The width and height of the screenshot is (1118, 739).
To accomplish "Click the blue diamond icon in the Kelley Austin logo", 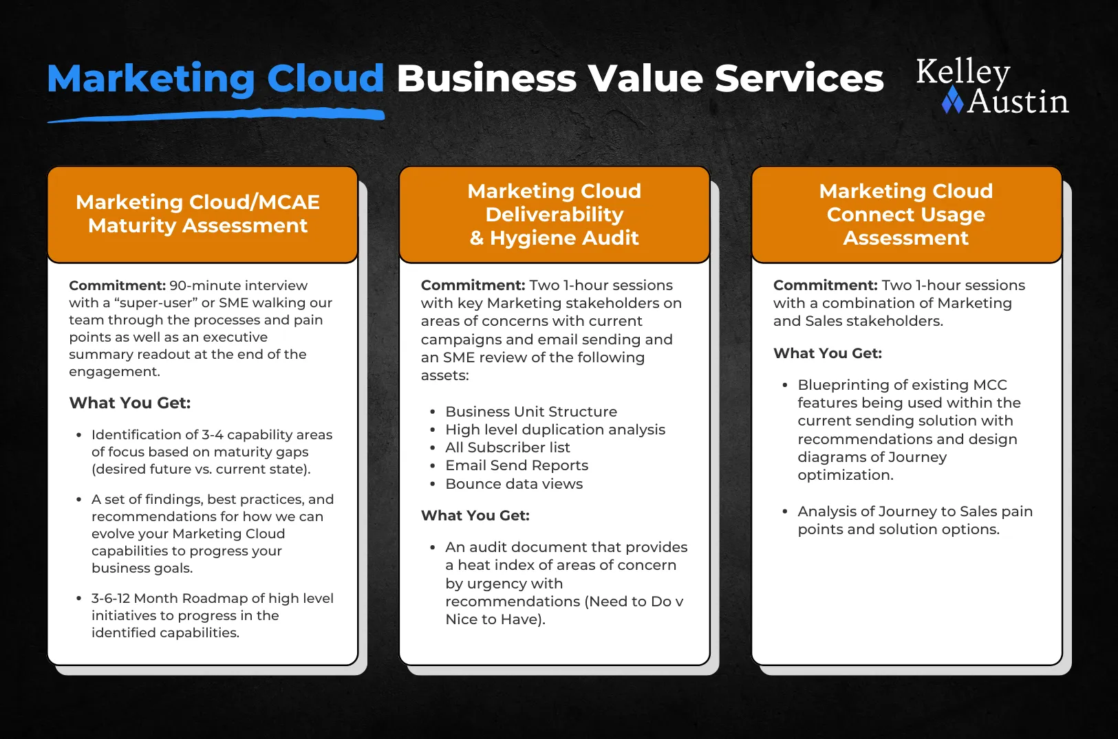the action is click(952, 100).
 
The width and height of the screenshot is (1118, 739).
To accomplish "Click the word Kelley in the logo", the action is click(963, 72).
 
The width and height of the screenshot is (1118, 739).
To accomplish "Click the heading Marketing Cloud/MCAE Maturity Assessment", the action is click(198, 214).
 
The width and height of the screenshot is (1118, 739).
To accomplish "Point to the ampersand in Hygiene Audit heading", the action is click(477, 238).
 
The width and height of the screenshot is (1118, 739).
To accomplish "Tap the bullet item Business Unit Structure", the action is click(531, 412).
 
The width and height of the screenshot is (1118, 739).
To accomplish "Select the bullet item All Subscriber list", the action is click(508, 448).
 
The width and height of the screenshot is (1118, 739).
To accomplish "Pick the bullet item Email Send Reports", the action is click(517, 465).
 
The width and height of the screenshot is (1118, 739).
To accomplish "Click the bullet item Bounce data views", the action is click(514, 484).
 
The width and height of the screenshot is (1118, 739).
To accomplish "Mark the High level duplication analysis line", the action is click(555, 430).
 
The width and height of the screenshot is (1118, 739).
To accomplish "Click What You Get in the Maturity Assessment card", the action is click(130, 403).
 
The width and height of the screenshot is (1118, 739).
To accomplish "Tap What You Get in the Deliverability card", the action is click(475, 516).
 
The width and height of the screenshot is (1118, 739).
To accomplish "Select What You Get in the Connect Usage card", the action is click(828, 353).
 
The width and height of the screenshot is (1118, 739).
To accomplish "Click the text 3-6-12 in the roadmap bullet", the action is click(111, 598).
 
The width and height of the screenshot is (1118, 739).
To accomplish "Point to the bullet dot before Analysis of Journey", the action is click(785, 511).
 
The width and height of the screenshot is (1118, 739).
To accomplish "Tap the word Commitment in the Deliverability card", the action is click(473, 285).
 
